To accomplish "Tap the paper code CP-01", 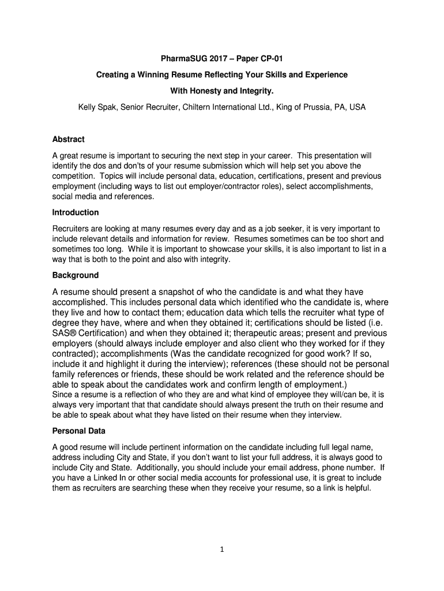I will pos(269,59).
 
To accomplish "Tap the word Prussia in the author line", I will pos(312,107).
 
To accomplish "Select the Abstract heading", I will pos(68,139).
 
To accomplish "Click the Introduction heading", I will pos(76,212).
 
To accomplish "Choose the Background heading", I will pos(76,275).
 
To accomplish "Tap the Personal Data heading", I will pos(79,431).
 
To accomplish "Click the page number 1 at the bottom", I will pos(221,549).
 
